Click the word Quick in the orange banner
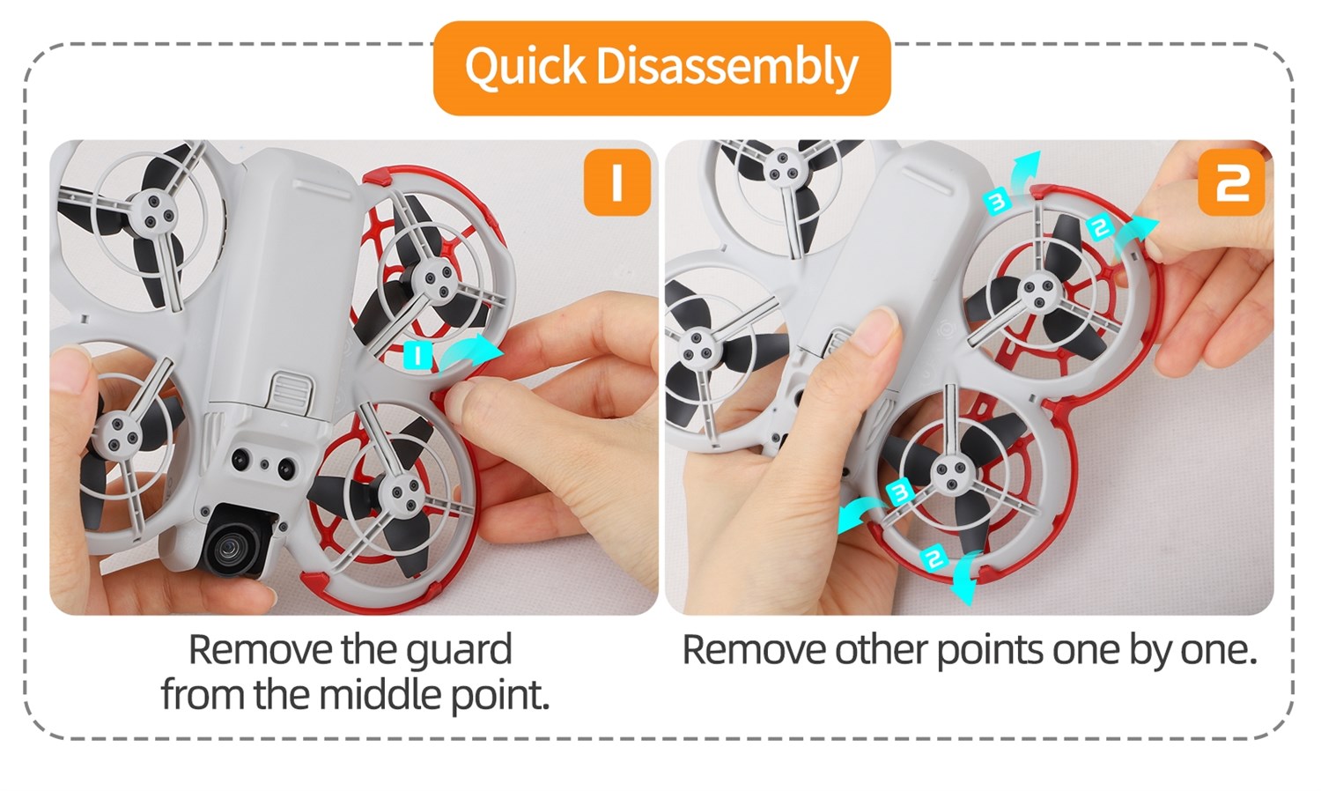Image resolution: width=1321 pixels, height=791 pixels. click(525, 67)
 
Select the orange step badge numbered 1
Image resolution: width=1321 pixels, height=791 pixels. click(616, 182)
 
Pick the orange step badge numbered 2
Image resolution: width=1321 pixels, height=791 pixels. click(1231, 183)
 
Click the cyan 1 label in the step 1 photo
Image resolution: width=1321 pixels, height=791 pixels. click(417, 356)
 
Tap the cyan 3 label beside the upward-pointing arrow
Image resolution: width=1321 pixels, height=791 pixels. click(997, 203)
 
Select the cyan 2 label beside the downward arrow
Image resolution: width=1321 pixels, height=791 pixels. click(933, 557)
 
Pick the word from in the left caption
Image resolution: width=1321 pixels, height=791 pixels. click(203, 695)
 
